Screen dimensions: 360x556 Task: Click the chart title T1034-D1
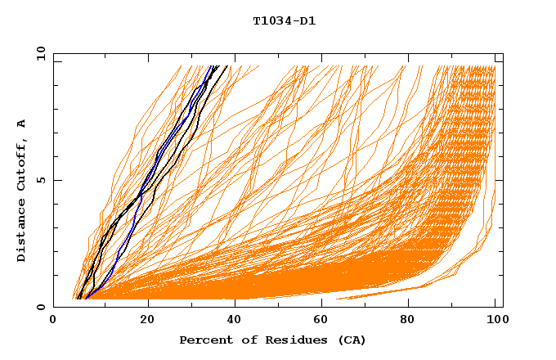point(284,21)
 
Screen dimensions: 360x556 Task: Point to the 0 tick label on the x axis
point(53,322)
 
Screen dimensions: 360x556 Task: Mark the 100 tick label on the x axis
point(495,322)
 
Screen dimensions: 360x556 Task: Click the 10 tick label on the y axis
point(39,54)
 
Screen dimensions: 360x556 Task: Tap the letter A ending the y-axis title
point(22,124)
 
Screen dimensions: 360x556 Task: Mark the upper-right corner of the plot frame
point(503,54)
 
